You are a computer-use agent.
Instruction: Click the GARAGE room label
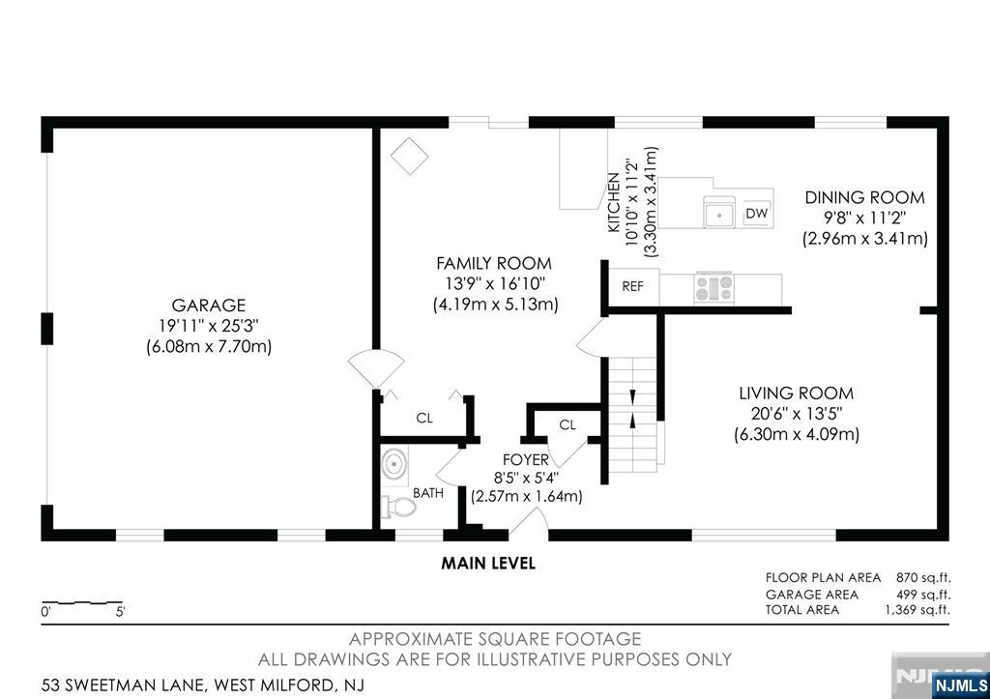209,305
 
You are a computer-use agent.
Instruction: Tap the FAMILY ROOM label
494,263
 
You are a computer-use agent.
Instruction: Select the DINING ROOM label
864,197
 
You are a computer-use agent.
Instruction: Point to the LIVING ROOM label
797,393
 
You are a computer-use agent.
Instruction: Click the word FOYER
525,459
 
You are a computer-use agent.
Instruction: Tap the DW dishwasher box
756,214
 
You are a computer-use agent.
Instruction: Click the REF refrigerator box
632,287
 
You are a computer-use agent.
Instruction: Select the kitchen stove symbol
714,287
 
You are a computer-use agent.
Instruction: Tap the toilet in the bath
398,507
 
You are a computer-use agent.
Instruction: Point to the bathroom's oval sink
394,464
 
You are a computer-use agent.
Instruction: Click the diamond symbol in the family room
409,156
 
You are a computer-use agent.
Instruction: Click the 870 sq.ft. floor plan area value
923,578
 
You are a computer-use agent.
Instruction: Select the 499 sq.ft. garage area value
923,595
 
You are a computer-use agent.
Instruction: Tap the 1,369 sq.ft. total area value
917,610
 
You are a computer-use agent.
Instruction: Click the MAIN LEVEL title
488,564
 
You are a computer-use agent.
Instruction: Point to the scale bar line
82,602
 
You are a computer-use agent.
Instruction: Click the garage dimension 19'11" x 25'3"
209,326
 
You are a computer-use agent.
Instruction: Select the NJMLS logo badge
960,685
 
